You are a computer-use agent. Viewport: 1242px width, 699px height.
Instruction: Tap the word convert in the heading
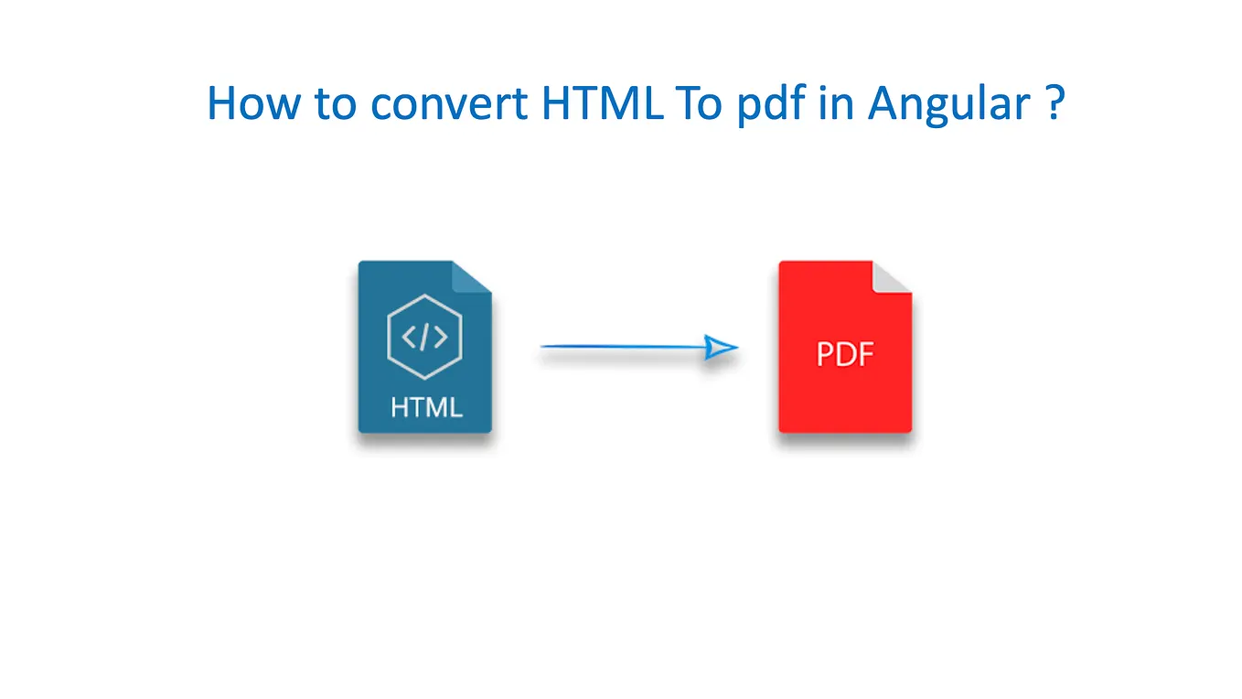[449, 103]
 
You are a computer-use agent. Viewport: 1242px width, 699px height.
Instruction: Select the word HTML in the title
[601, 103]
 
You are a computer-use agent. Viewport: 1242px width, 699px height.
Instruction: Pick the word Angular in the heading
[948, 103]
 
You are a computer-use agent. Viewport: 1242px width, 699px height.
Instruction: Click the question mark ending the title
[1054, 103]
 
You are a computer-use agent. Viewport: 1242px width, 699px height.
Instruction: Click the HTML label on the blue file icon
[426, 406]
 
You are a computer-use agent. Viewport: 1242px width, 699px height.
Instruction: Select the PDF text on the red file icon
[845, 354]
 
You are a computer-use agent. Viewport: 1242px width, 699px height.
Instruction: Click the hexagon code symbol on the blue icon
[424, 337]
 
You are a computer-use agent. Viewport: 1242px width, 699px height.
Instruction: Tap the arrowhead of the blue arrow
[722, 348]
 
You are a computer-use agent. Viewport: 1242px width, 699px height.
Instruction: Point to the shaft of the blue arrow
[622, 347]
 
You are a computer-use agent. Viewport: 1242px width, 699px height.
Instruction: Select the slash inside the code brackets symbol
[424, 338]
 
